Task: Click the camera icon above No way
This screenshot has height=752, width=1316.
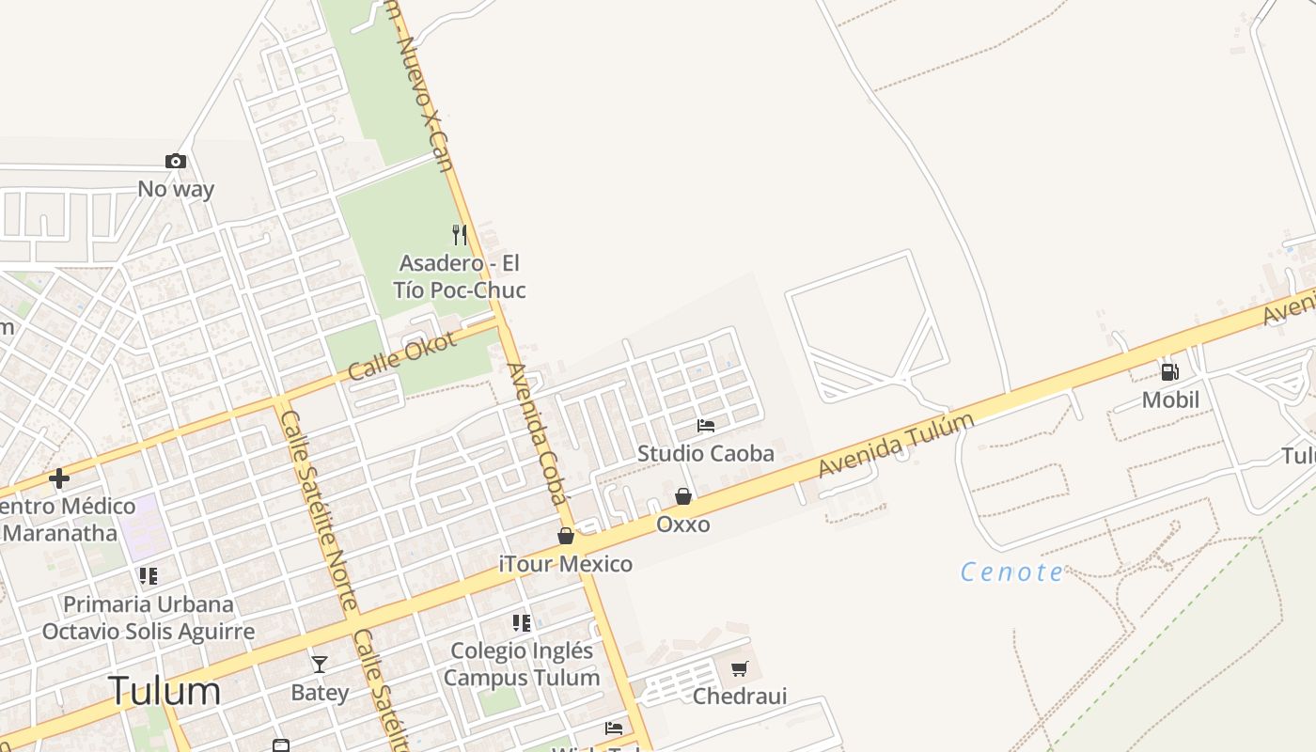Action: [x=176, y=162]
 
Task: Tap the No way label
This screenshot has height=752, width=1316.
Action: [x=176, y=189]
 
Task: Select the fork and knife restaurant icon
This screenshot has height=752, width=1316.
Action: [x=460, y=235]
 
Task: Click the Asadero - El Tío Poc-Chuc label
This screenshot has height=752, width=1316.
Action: [x=459, y=276]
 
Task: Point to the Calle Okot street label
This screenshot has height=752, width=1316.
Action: [x=402, y=356]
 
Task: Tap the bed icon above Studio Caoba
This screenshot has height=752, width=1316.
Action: [x=706, y=426]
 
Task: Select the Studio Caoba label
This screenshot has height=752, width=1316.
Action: [x=706, y=453]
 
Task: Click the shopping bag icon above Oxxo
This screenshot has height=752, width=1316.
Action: [x=683, y=496]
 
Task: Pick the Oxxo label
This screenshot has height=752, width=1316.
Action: [x=683, y=524]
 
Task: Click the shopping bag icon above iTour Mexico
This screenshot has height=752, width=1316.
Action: [x=566, y=536]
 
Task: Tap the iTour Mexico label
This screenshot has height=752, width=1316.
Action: [x=566, y=564]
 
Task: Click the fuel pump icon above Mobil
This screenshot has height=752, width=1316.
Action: [x=1170, y=372]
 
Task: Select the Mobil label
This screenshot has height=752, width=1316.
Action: [x=1170, y=399]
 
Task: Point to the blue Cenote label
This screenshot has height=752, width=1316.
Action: [x=1012, y=572]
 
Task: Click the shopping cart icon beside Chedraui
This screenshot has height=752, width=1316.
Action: [x=740, y=668]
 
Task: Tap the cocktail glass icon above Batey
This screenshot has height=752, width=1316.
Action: [x=320, y=665]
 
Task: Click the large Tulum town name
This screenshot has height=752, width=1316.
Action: [x=164, y=691]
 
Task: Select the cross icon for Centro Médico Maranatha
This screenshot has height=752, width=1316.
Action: [x=59, y=478]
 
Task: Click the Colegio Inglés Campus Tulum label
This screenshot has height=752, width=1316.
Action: [x=522, y=664]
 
